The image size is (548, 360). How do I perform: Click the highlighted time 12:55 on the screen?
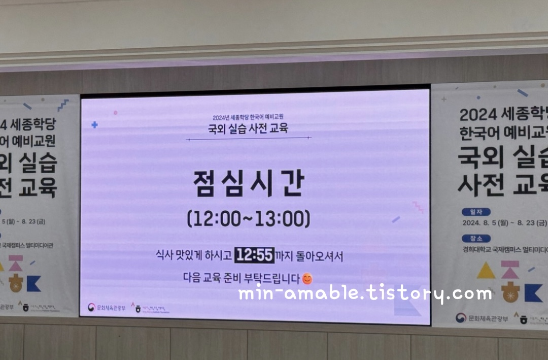point(254,255)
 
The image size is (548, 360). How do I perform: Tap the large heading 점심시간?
point(248,183)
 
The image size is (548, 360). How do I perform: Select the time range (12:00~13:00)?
point(248,219)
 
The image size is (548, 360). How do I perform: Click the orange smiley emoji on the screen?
point(307,278)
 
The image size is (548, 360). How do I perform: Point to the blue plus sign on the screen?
point(94,125)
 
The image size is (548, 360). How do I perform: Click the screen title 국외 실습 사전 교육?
point(248,128)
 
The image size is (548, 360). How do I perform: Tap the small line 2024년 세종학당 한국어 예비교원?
point(248,118)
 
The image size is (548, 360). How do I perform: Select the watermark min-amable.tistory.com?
point(365,293)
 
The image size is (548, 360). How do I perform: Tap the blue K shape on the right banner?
point(533,292)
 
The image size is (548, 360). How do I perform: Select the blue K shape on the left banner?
point(33,283)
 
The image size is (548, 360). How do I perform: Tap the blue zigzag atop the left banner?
point(63,105)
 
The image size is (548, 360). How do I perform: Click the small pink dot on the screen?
point(116,113)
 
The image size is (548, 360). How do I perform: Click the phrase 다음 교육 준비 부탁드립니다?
point(241,278)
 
